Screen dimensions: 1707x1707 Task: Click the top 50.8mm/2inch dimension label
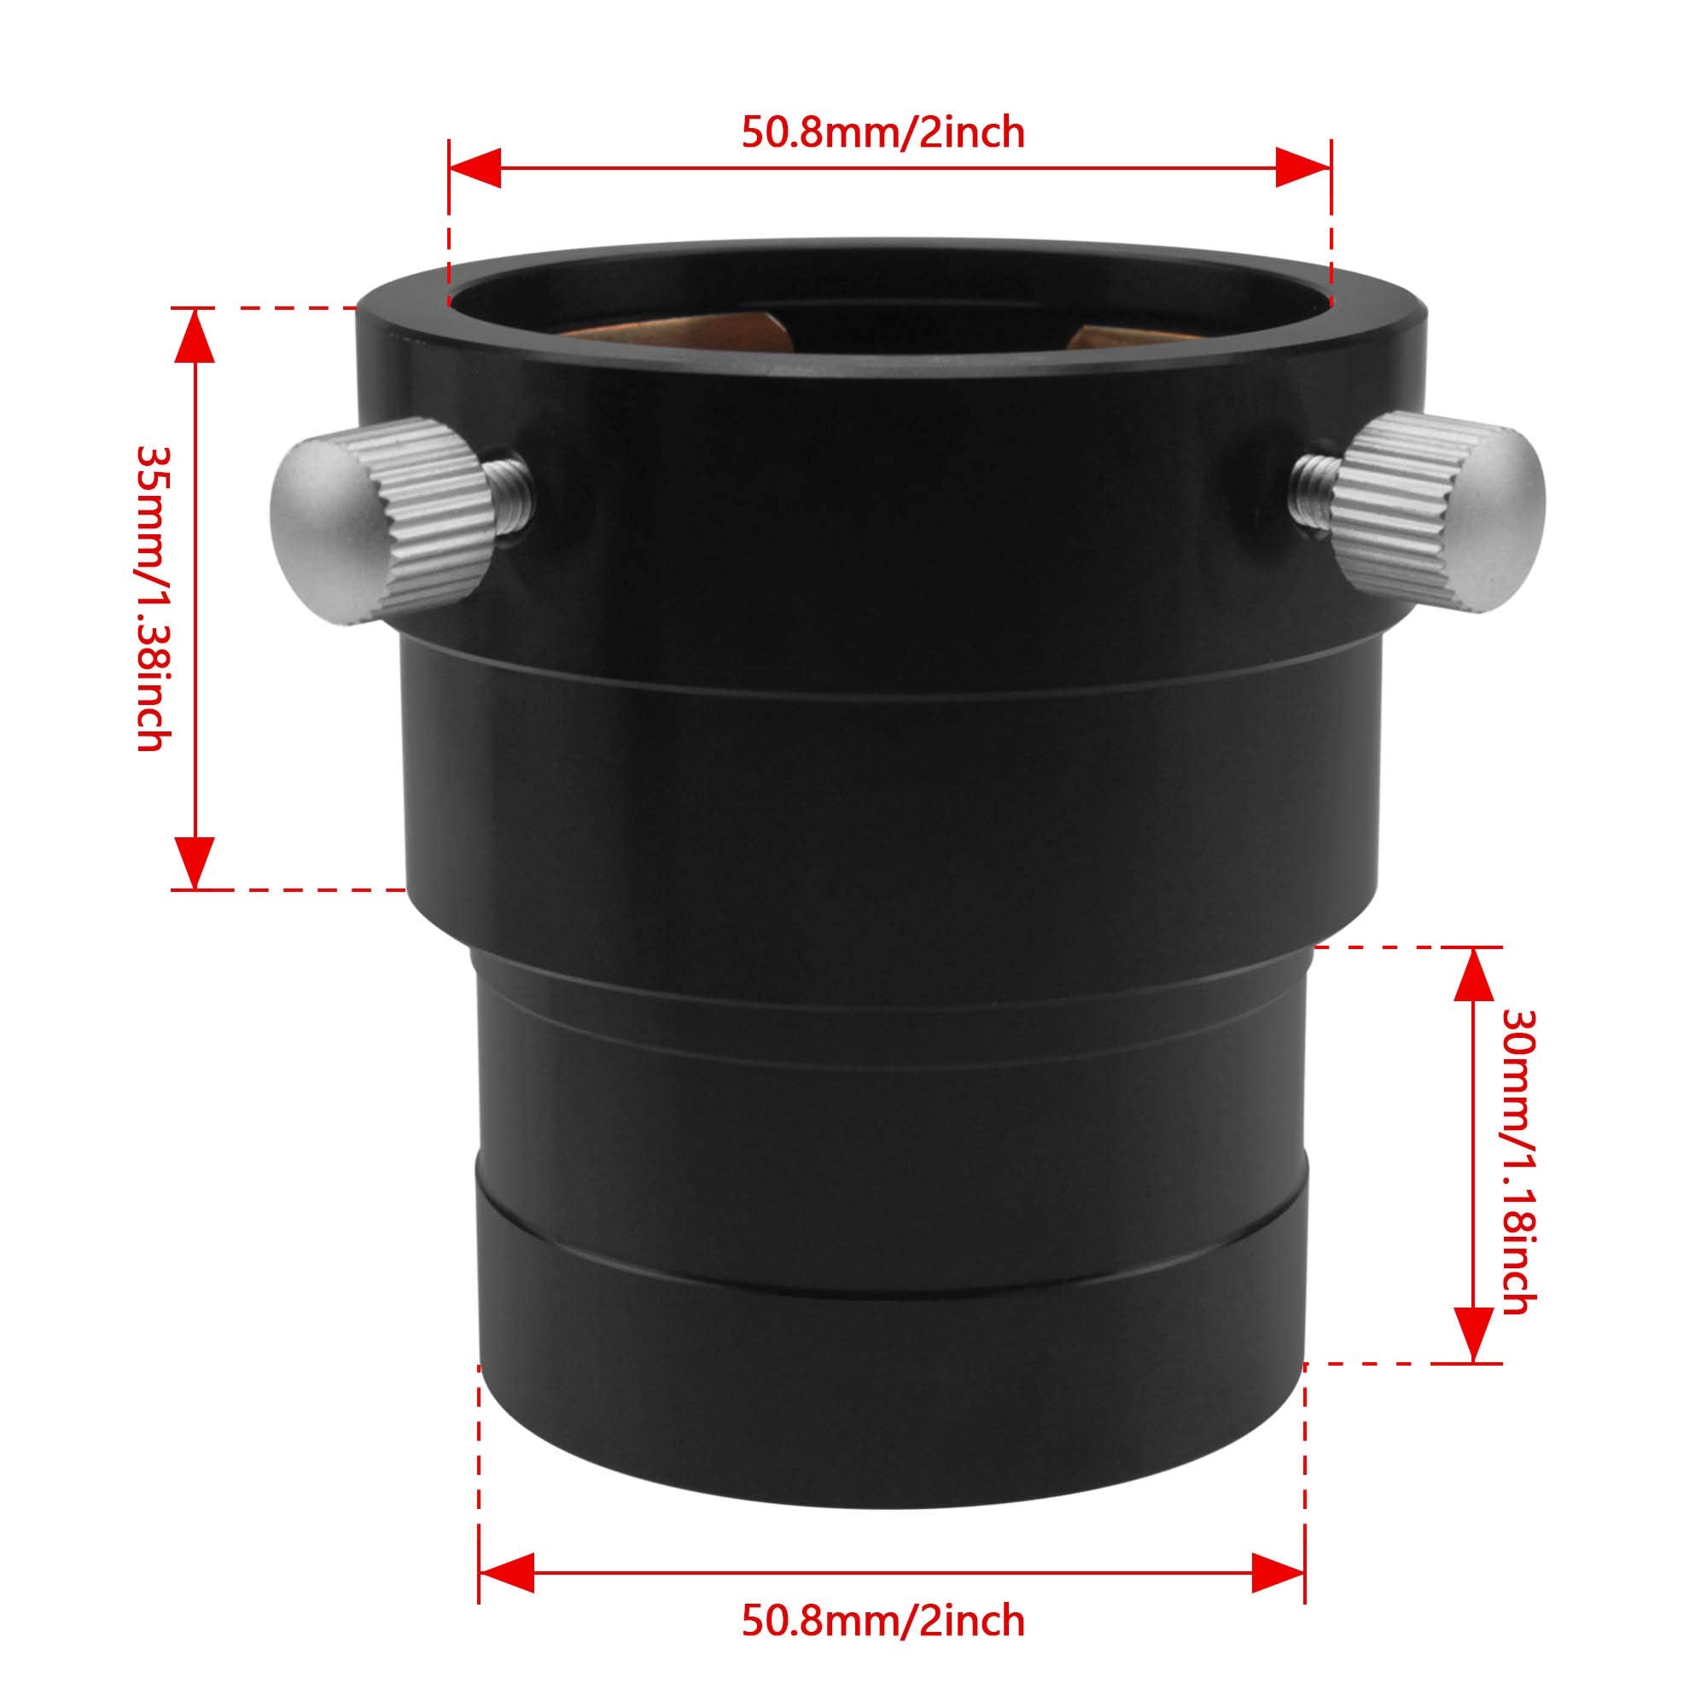[883, 133]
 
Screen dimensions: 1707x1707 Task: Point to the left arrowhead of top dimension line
[475, 168]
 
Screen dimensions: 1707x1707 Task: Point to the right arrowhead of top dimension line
[1304, 168]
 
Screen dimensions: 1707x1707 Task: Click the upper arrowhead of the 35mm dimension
[195, 335]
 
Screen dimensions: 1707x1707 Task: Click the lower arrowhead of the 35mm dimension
[195, 861]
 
